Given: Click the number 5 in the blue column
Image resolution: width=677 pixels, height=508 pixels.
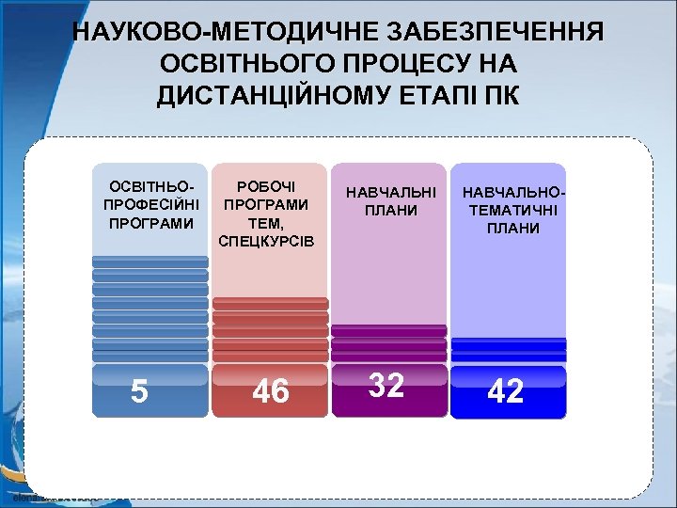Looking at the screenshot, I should coord(139,390).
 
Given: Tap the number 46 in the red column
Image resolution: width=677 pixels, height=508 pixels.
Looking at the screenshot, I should coord(271,391).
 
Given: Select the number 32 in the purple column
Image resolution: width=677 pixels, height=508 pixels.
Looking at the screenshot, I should coord(386,385).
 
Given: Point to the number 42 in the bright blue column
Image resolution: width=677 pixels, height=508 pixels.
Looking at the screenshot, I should coord(506,391).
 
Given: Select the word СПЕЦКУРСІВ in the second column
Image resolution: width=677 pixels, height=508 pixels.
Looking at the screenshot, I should coord(271,242).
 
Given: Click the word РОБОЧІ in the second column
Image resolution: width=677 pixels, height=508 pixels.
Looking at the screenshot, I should coord(270,187).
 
